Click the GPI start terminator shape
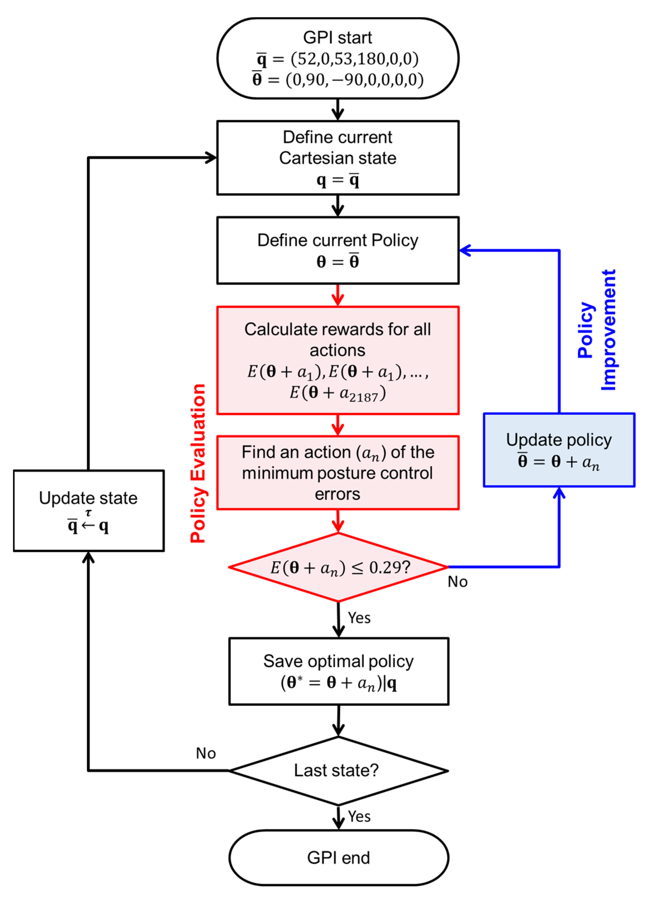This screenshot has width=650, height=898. coord(337,58)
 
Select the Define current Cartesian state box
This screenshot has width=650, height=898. coord(337,157)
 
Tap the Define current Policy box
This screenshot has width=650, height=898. coord(337,250)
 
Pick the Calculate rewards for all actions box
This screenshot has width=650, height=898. coord(337,360)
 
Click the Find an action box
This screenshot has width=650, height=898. coord(337,472)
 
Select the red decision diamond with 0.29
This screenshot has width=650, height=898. coord(338,567)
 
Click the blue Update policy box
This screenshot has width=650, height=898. coord(559,450)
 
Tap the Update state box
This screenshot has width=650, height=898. coord(89,510)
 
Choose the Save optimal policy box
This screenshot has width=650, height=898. coord(338,671)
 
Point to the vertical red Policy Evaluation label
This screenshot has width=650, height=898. coord(198,463)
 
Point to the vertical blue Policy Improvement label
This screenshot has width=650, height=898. coord(597,329)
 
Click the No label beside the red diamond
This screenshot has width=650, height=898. coord(457,582)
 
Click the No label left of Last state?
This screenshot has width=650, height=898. coord(206,753)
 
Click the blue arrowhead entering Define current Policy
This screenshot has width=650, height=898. coord(465,250)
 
